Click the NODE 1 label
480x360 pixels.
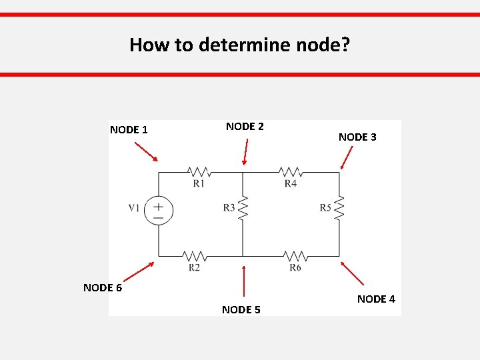pos(129,129)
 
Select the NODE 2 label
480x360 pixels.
pos(245,126)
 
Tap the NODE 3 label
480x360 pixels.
pos(357,137)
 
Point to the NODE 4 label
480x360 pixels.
pos(376,299)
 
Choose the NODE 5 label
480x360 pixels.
pos(241,309)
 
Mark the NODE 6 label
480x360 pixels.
pos(102,287)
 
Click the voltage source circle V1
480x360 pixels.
pos(159,211)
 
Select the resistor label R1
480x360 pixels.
pos(199,183)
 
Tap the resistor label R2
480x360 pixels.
pos(194,267)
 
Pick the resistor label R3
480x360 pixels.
pos(229,208)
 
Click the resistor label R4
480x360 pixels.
pos(290,183)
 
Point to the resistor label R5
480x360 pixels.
pos(325,208)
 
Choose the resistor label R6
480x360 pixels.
pos(295,267)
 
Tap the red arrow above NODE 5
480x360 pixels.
pos(245,281)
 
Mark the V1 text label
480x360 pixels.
pos(134,208)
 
